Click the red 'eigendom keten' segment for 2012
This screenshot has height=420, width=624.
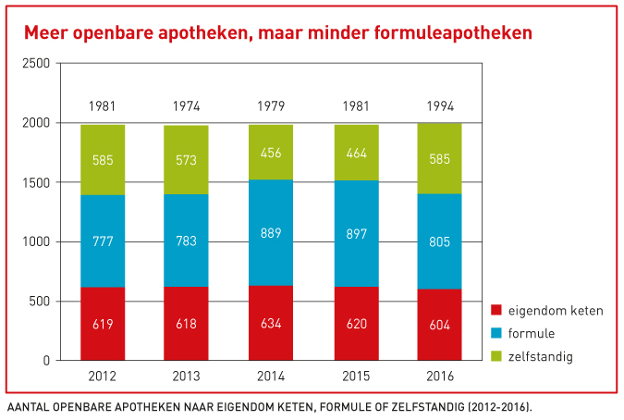pyautogui.click(x=102, y=324)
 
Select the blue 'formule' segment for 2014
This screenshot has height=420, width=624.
pyautogui.click(x=270, y=233)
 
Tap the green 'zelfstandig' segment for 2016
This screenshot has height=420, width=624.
pyautogui.click(x=439, y=158)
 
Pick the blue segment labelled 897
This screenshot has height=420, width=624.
pyautogui.click(x=355, y=234)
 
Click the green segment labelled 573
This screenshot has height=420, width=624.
pyautogui.click(x=186, y=160)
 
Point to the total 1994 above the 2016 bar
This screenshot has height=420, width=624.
pyautogui.click(x=439, y=105)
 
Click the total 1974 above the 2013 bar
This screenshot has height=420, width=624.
pyautogui.click(x=186, y=105)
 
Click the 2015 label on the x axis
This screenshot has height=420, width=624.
pyautogui.click(x=355, y=378)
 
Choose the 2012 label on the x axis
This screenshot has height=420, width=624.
pyautogui.click(x=102, y=378)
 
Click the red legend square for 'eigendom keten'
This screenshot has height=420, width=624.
pyautogui.click(x=497, y=311)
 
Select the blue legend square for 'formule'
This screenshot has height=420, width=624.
pyautogui.click(x=497, y=333)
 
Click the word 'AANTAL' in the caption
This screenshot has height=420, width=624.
pyautogui.click(x=29, y=406)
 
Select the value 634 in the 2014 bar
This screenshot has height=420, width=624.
pyautogui.click(x=270, y=324)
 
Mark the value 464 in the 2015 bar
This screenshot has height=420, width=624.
pyautogui.click(x=355, y=154)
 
